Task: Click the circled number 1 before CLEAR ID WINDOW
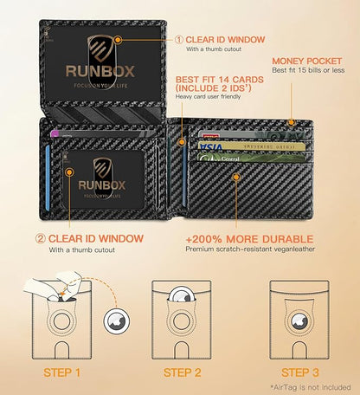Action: [x=180, y=38]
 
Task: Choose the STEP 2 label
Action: [x=181, y=373]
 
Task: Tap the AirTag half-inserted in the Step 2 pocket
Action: [x=180, y=300]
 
